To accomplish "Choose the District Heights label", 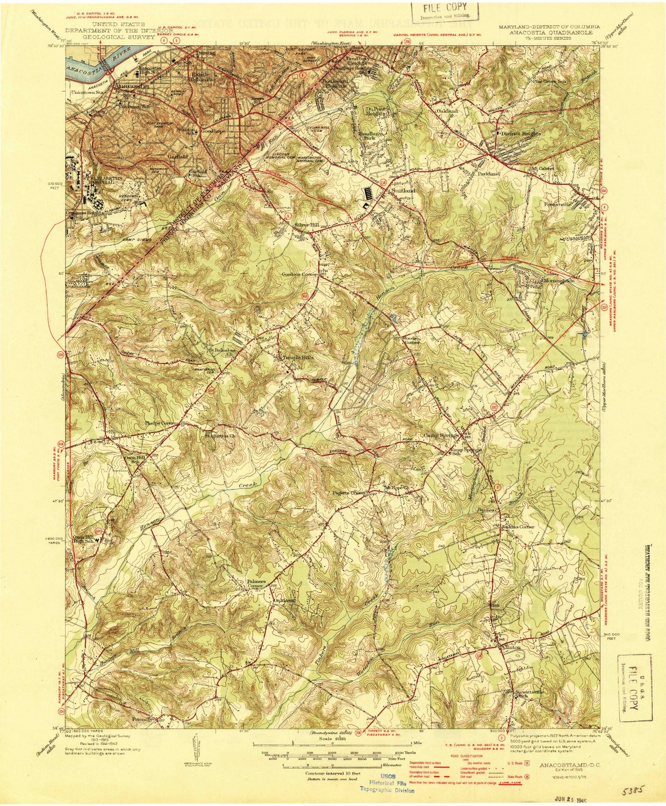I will pyautogui.click(x=519, y=133).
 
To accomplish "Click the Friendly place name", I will pyautogui.click(x=142, y=732).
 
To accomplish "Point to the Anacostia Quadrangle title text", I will pyautogui.click(x=550, y=33).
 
